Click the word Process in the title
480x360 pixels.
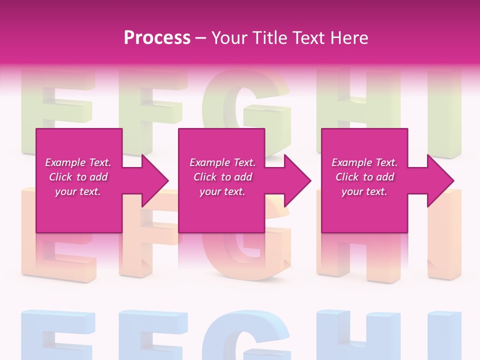point(157,38)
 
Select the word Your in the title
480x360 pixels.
point(229,38)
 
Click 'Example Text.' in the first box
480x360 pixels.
point(78,162)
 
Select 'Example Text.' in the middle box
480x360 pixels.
point(222,162)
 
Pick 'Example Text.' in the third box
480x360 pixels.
point(364,162)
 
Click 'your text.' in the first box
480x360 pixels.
point(78,191)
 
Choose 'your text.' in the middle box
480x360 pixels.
point(222,191)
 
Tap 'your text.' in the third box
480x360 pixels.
point(364,191)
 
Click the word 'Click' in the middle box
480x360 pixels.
point(204,177)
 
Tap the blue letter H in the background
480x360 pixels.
point(358,335)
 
